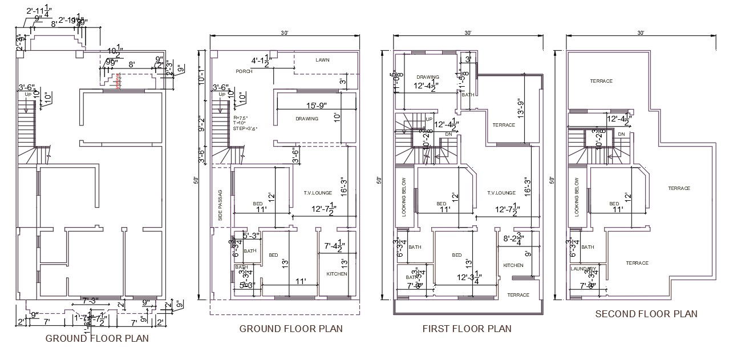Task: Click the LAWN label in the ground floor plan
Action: [x=323, y=60]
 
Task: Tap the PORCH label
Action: [x=244, y=71]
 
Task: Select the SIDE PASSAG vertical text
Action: [x=220, y=205]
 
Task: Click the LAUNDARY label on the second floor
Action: [x=583, y=269]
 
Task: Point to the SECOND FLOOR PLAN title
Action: [x=646, y=314]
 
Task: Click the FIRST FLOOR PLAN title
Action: [x=467, y=329]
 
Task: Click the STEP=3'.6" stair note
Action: [x=245, y=128]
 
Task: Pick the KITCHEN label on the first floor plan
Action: [x=513, y=265]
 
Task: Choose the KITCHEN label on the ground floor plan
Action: [x=337, y=274]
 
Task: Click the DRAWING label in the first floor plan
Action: [x=427, y=77]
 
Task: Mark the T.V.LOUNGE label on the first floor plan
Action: [x=501, y=193]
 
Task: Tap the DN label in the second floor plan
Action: [x=621, y=134]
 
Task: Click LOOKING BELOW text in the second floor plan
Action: [x=577, y=196]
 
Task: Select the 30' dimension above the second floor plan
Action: [x=641, y=33]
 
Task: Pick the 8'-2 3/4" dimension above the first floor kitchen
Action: [x=516, y=240]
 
